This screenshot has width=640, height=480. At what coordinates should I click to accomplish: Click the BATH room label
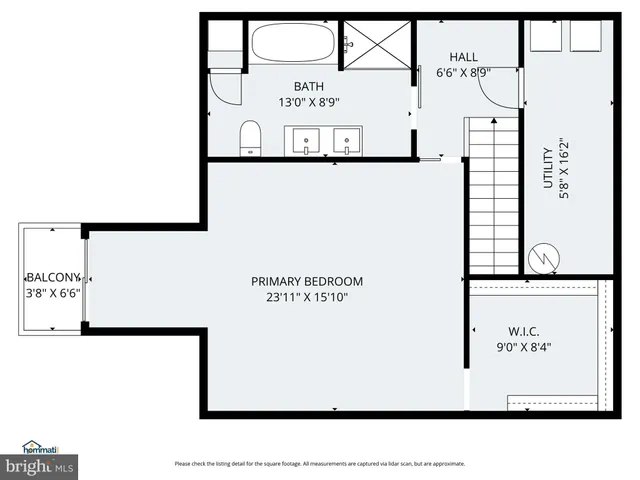coord(307,86)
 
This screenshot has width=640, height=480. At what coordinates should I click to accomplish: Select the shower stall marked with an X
coord(378,45)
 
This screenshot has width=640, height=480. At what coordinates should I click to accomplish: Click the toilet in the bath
coord(250,138)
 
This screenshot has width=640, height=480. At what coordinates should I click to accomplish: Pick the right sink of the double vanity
coord(347,140)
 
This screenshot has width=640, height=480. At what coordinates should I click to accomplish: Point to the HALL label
coord(464,57)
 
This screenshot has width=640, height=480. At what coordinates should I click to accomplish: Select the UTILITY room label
coord(547,166)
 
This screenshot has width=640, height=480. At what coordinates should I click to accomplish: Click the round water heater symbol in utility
coord(544,258)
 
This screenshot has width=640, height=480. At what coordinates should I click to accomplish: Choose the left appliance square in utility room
coord(545,38)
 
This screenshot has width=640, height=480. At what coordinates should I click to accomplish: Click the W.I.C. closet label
coord(523,331)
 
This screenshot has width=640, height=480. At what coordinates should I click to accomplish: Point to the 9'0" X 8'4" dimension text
coord(524,347)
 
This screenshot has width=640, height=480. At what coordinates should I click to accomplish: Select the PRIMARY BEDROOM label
coord(306,281)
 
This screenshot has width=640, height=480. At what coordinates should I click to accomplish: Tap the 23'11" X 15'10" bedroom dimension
coord(306,297)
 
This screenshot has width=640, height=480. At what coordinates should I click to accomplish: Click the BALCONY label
coord(53,277)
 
